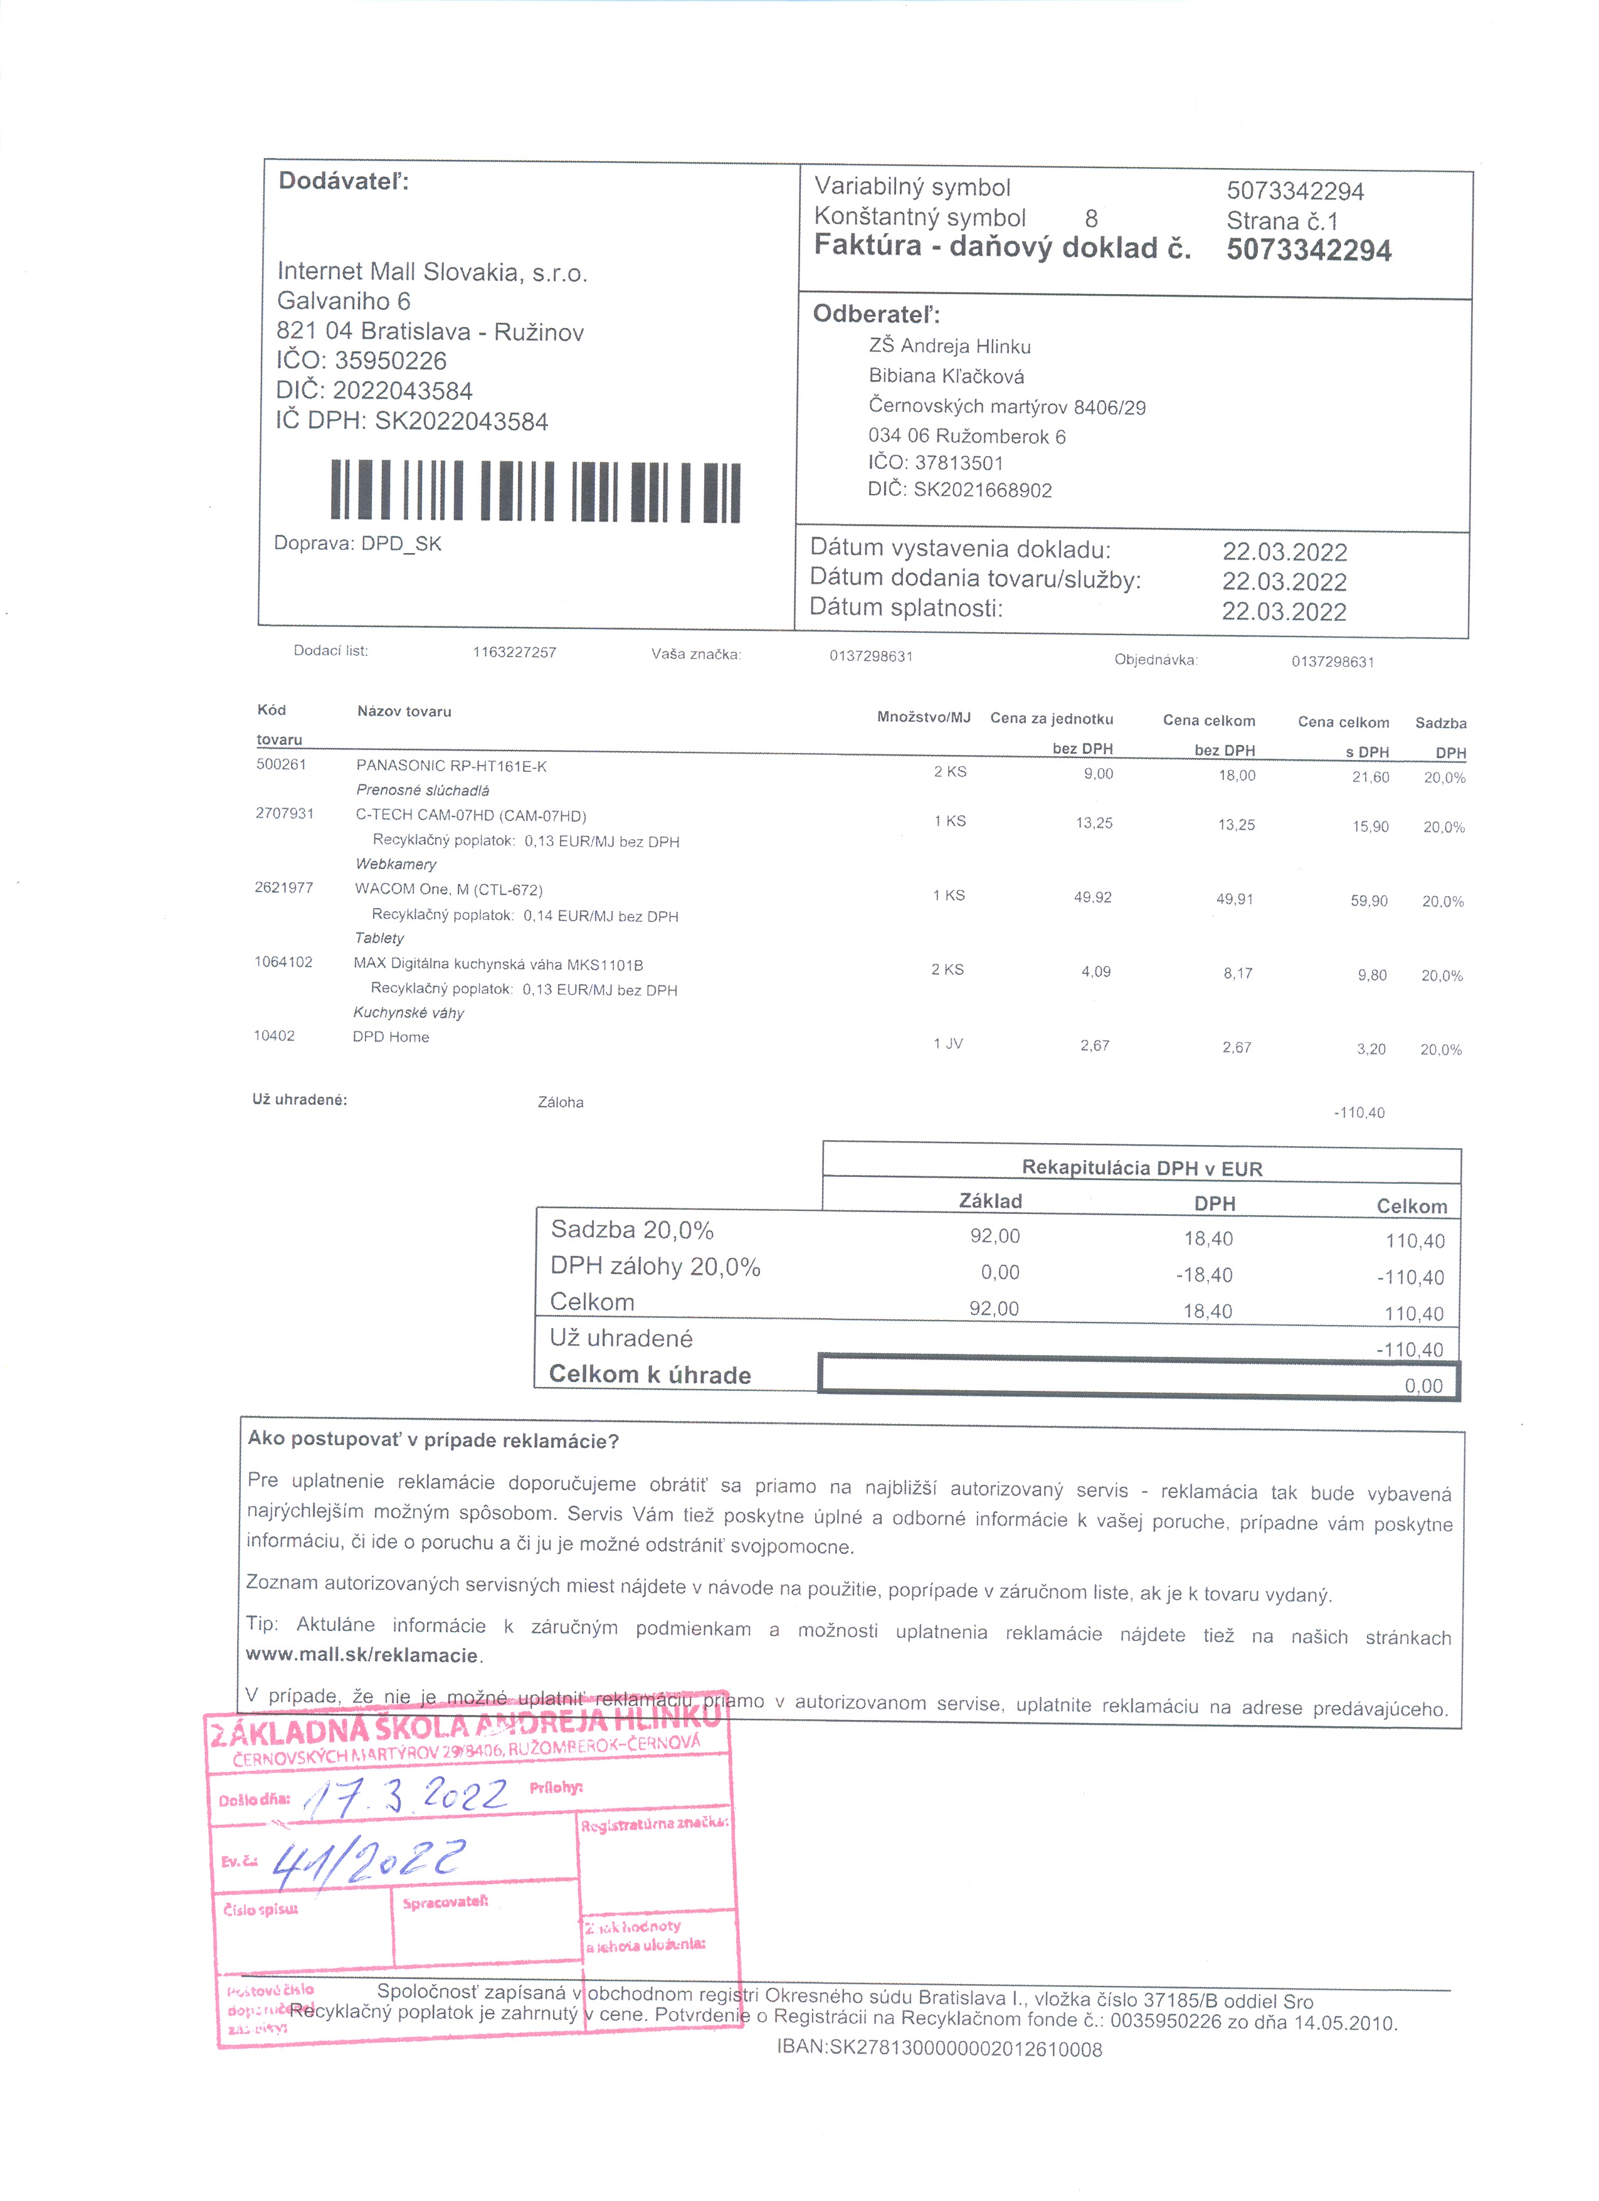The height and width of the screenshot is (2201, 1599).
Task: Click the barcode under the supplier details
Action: [536, 491]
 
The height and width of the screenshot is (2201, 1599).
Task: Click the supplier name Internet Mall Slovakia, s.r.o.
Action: [433, 273]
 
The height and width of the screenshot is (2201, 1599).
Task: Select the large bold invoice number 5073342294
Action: [1308, 250]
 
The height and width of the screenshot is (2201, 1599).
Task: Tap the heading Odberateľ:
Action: [876, 314]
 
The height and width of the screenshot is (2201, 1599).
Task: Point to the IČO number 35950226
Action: [390, 361]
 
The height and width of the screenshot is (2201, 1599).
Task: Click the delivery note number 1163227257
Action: [514, 652]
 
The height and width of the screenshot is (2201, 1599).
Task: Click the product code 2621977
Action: [283, 888]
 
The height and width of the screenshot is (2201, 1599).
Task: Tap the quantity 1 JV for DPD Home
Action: [948, 1044]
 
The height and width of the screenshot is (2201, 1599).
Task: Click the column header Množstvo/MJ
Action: [923, 717]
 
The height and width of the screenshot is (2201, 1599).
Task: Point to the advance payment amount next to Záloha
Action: [1358, 1113]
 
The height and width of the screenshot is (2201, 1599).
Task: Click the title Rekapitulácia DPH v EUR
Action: [1141, 1168]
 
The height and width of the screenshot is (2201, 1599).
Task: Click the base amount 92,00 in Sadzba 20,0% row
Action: [995, 1237]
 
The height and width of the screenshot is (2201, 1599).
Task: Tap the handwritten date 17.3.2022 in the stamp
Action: [408, 1797]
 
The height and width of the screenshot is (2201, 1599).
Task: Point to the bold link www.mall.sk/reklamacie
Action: [362, 1655]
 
